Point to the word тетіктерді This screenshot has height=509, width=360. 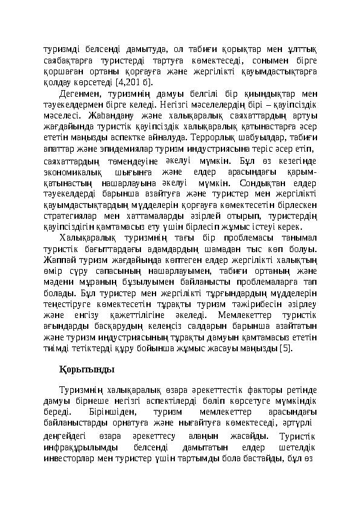coord(92,348)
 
